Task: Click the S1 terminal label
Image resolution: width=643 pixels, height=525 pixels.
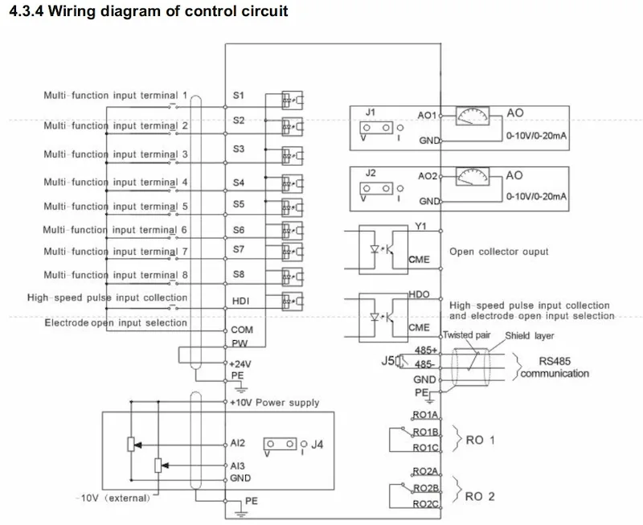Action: click(238, 95)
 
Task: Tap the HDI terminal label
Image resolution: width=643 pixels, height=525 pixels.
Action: click(240, 301)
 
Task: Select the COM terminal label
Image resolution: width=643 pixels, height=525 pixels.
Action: click(242, 330)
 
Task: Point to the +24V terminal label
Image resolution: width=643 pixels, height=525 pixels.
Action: click(240, 364)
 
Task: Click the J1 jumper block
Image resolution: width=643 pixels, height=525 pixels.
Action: click(376, 128)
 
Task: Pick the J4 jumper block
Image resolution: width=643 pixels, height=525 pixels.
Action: click(280, 444)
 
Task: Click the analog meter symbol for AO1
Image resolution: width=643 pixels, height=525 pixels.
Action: click(473, 116)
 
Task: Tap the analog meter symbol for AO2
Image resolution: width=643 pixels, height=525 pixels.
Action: click(473, 176)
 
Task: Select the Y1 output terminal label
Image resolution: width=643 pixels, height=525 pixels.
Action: click(420, 226)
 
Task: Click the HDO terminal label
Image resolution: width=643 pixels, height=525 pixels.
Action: click(419, 294)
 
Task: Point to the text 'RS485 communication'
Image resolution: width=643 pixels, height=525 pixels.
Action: click(555, 367)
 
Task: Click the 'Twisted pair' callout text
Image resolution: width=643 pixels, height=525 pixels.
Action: click(467, 335)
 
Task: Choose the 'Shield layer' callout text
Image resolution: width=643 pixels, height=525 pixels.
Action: click(530, 335)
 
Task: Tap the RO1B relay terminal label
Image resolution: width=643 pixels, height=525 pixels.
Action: click(426, 432)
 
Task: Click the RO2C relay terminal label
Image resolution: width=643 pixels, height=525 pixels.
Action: click(426, 503)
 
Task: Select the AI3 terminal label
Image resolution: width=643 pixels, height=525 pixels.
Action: click(237, 466)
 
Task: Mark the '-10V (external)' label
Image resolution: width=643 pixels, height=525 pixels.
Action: click(113, 498)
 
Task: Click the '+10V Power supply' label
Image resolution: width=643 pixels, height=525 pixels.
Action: click(274, 402)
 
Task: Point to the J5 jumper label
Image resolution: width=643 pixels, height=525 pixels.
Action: click(388, 360)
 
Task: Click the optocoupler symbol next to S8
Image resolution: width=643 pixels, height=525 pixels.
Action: click(292, 277)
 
